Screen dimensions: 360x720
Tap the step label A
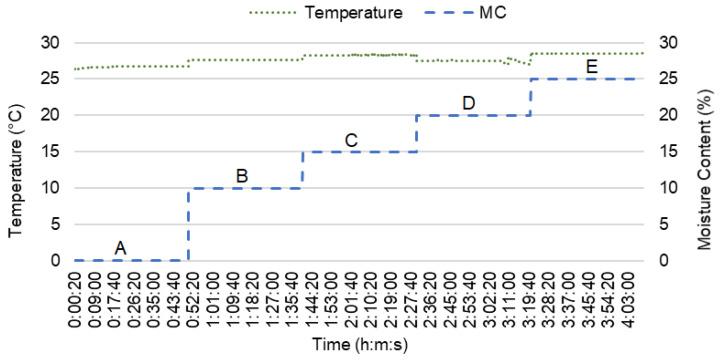click(121, 247)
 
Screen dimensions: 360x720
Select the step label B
click(242, 175)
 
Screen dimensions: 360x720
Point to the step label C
click(351, 139)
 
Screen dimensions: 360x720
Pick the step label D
click(468, 102)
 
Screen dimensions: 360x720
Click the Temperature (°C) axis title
click(17, 152)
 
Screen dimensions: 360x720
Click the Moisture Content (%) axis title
click(706, 152)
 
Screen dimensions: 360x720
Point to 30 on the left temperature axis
click(49, 43)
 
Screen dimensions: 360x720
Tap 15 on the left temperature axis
click(49, 152)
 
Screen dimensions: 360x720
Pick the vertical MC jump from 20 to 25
click(530, 97)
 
